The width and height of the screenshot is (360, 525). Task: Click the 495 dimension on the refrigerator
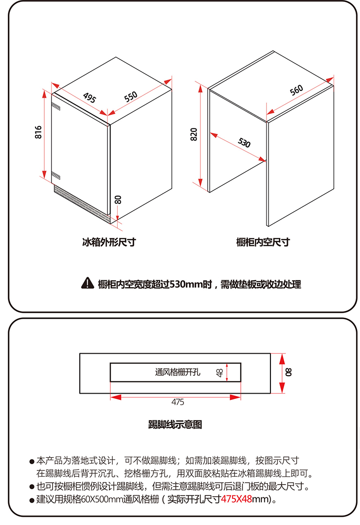click(x=89, y=97)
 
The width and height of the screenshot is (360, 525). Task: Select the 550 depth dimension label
click(x=131, y=96)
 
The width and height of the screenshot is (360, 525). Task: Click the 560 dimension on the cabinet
click(x=296, y=90)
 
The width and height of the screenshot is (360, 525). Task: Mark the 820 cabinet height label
click(x=194, y=134)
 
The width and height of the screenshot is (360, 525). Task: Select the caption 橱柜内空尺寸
click(x=263, y=242)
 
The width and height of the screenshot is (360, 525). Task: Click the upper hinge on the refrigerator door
click(x=56, y=106)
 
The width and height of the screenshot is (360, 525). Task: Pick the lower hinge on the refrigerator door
click(x=56, y=174)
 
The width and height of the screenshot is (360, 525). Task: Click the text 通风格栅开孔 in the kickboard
click(x=178, y=373)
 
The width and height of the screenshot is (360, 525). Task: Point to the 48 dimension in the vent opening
click(x=219, y=373)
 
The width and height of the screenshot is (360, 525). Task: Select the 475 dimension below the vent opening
click(x=178, y=402)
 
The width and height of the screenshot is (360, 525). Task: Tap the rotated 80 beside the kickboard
click(x=288, y=372)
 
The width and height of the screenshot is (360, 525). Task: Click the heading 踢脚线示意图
click(x=175, y=425)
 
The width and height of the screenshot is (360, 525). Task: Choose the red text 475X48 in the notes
click(x=236, y=499)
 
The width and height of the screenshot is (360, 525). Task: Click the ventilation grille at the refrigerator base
click(x=80, y=201)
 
